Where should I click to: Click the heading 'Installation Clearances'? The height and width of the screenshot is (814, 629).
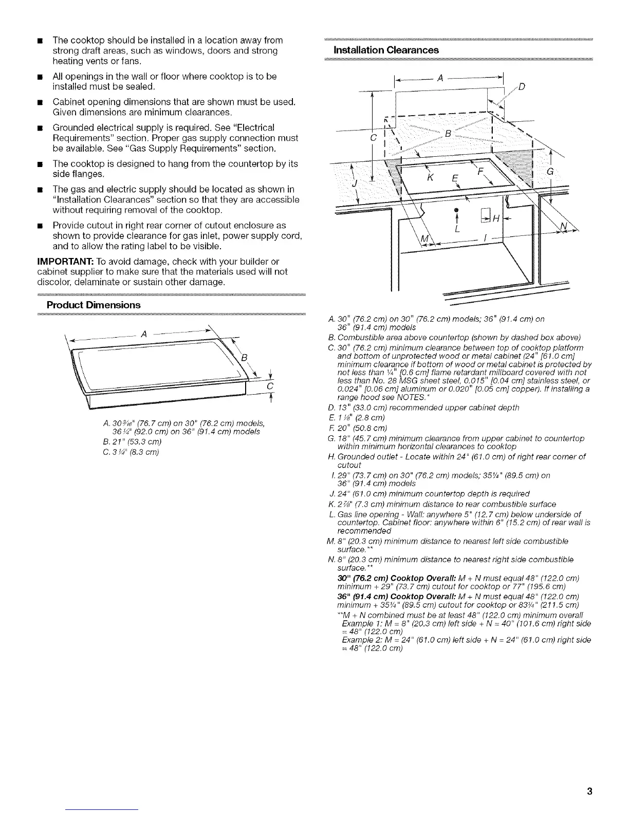pyautogui.click(x=386, y=50)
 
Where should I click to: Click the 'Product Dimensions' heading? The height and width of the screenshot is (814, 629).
pyautogui.click(x=93, y=305)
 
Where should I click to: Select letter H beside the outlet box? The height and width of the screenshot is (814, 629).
pyautogui.click(x=496, y=219)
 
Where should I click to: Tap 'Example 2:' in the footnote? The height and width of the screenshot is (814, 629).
pyautogui.click(x=359, y=640)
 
